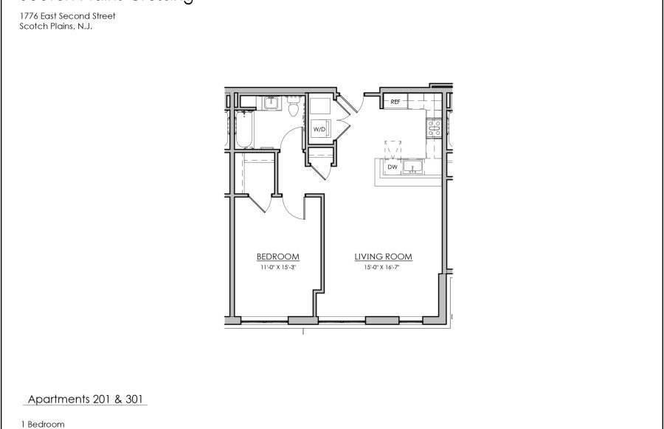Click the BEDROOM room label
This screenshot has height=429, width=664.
point(277,257)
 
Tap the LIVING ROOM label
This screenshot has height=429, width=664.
point(383,257)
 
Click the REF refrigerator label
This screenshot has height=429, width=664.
point(395,102)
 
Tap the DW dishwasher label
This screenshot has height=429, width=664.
point(392,167)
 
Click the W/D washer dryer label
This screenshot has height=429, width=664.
point(319,129)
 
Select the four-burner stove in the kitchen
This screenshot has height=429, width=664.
point(432,128)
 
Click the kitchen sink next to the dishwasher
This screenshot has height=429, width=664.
point(415,167)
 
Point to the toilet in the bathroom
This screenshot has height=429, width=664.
point(294,109)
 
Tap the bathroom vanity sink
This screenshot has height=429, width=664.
point(270,102)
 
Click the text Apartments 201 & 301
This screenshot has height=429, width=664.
point(86,400)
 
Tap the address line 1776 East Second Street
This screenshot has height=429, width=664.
point(68,15)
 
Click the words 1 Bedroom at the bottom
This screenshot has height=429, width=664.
point(43,424)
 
